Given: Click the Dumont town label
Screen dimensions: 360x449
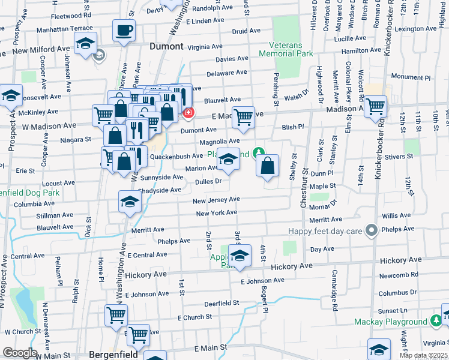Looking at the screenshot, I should tap(166, 46).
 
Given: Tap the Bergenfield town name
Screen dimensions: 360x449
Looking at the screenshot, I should tap(114, 353).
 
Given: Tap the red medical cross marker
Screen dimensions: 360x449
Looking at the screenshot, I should tap(188, 112).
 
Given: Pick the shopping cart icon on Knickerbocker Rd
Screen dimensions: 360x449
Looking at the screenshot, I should tap(375, 107).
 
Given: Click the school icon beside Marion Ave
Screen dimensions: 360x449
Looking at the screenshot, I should tap(228, 159).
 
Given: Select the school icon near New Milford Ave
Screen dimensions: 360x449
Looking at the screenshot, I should tap(86, 43).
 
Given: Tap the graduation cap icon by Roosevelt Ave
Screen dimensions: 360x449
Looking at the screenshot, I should tap(11, 95).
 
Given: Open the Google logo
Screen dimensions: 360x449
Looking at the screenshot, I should tap(20, 353).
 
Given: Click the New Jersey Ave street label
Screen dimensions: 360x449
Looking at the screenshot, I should tap(216, 199).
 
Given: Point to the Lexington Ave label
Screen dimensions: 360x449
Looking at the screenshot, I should tap(414, 29).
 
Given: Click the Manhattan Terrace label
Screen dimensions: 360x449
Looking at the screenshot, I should tap(65, 28).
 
